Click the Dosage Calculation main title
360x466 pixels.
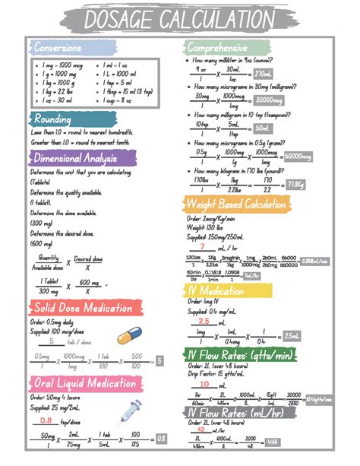pos(179,18)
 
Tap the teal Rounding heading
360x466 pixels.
pos(54,119)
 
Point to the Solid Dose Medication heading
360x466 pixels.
pos(86,307)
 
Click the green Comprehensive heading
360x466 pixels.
pos(218,48)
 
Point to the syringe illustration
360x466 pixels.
pos(130,409)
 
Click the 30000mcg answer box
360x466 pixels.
pos(270,100)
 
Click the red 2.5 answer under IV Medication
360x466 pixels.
pos(203,322)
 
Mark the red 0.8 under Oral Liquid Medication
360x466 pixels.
pos(46,420)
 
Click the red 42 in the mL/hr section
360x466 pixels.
pos(203,429)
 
